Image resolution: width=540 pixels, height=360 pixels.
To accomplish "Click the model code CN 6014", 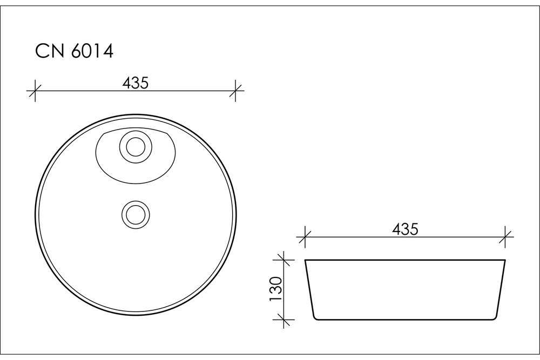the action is tap(75, 51).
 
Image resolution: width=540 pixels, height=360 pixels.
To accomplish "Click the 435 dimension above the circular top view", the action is tap(136, 83).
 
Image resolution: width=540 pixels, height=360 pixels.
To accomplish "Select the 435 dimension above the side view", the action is tap(405, 229).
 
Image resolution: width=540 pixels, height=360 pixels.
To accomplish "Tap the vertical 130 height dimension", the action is tap(276, 289).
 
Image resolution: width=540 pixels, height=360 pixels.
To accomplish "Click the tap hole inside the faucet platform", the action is tap(136, 147).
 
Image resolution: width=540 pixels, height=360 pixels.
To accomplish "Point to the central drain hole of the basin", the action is tap(136, 215).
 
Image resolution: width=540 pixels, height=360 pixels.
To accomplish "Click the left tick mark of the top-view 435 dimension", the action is tap(35, 91).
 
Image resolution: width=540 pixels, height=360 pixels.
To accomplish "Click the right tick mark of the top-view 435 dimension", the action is tap(235, 91).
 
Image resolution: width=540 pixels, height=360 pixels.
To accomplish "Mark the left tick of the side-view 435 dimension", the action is tap(305, 237).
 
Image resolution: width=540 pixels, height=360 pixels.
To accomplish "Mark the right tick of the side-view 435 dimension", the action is tap(505, 237).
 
